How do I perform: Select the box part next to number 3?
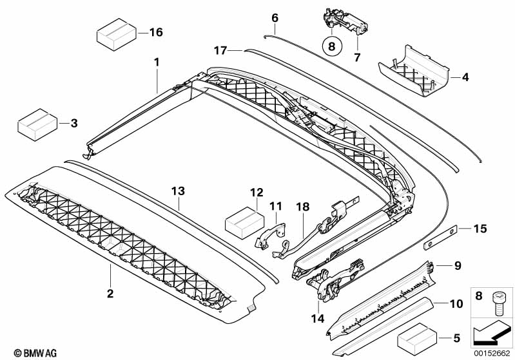pos(36,123)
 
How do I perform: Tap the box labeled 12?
pos(242,222)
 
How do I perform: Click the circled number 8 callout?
pos(331,46)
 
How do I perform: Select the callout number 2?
pos(110,294)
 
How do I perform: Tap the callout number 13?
pos(178,191)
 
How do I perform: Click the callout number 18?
pos(303,206)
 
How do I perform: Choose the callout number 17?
pos(220,50)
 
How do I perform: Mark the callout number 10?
pos(456,303)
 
